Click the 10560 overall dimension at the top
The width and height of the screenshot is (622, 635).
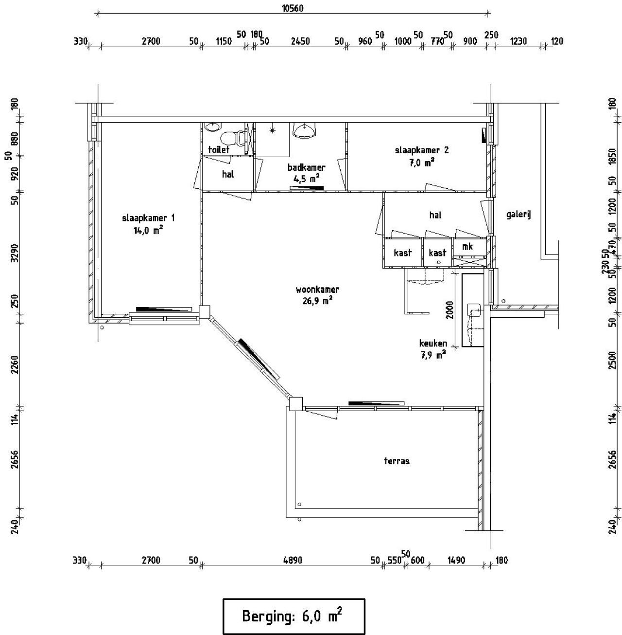[293, 8]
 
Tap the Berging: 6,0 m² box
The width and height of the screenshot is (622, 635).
[294, 617]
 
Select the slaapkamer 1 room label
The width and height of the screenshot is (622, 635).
[148, 224]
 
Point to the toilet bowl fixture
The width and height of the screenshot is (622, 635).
[240, 139]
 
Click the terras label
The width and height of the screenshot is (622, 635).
[397, 461]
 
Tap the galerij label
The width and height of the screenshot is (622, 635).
[518, 214]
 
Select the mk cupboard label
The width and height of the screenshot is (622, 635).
[467, 247]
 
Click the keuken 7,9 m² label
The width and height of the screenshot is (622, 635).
[433, 349]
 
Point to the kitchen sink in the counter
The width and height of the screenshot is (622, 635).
[474, 309]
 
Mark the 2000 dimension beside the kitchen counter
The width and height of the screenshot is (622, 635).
[449, 309]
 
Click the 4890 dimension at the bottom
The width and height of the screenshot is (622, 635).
[293, 560]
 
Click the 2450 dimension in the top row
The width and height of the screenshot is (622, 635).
[300, 41]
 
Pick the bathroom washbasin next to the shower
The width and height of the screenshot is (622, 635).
[305, 129]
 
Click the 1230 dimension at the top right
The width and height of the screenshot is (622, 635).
[518, 41]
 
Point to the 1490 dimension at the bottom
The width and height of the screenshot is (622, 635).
[456, 560]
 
